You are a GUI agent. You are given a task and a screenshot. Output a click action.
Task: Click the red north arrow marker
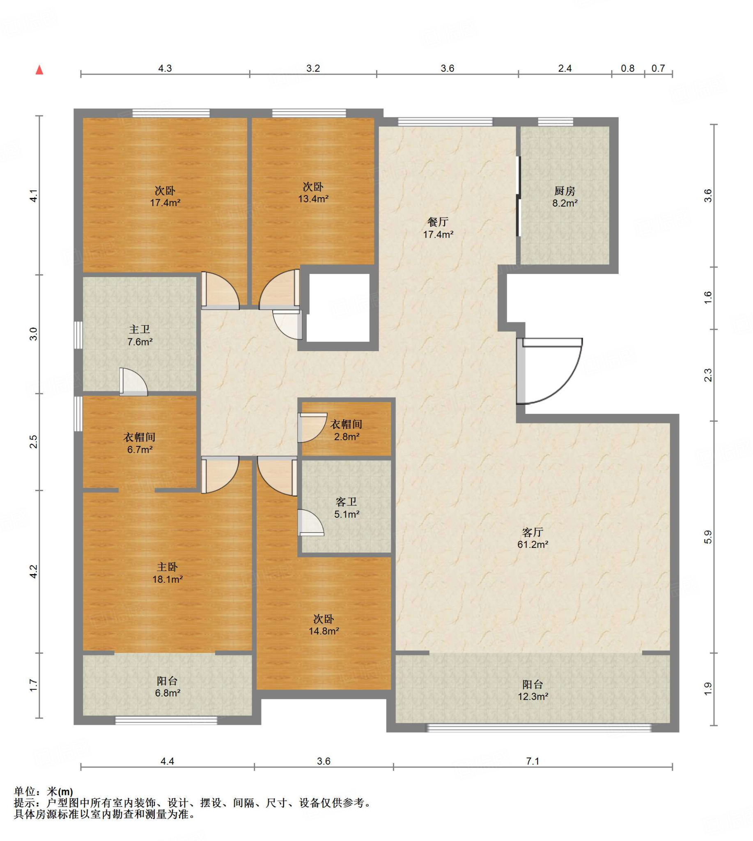39,69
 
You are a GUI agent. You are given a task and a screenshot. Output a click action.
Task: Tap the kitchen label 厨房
565,191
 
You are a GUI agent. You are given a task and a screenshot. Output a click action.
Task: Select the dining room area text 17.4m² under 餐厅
438,234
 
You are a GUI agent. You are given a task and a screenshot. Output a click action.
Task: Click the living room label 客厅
533,532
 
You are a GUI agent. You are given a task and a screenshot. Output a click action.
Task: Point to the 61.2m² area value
533,545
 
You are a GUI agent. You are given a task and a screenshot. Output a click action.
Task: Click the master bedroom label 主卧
167,567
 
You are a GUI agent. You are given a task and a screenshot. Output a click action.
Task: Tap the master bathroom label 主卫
140,329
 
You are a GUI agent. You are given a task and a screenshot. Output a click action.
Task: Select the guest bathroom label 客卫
346,502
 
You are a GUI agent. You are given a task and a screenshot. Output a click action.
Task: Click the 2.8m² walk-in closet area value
347,437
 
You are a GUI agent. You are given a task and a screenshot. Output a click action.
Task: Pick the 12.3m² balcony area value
533,697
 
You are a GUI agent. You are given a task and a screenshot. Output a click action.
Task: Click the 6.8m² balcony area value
168,693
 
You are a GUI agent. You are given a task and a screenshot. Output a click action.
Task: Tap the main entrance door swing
550,371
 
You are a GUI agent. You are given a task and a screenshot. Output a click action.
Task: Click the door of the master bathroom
133,381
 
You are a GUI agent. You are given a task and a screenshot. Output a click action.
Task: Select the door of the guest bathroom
310,523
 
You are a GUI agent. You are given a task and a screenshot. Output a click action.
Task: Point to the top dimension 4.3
165,68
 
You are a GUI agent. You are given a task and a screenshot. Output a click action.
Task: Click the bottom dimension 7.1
533,761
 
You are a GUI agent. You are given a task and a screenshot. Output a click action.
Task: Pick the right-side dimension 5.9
708,537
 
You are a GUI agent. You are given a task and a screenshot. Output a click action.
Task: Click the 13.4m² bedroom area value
314,199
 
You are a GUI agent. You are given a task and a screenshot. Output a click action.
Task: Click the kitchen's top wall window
556,122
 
